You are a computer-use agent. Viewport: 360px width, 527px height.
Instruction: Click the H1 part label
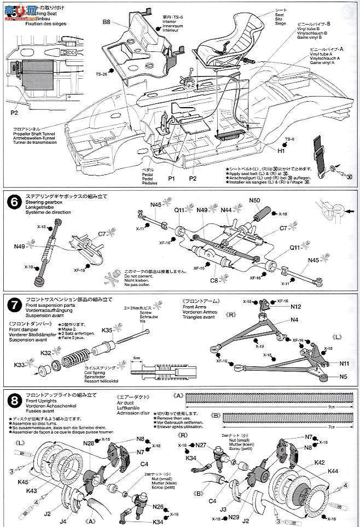tap(281, 150)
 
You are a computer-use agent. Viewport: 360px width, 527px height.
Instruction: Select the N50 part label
tap(254, 201)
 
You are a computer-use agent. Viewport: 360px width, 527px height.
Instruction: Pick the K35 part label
tap(107, 330)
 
